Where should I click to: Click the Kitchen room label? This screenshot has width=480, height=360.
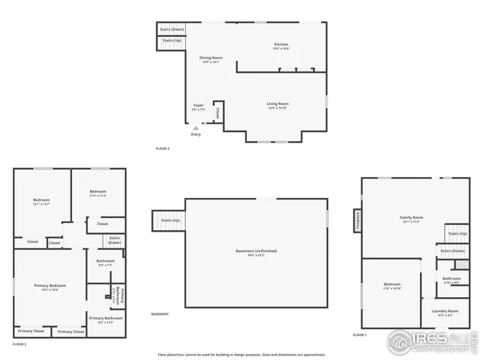pos(281,44)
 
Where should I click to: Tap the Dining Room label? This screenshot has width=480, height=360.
pos(211,58)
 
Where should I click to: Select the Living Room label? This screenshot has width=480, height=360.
pos(277,104)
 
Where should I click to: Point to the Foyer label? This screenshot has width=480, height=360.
pos(199,106)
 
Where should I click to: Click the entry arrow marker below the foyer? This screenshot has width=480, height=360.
pos(196,128)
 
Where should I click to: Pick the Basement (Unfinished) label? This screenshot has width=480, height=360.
pos(256,250)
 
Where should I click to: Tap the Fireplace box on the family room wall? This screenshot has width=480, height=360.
pos(358,220)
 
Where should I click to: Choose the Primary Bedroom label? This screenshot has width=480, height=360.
pos(49,286)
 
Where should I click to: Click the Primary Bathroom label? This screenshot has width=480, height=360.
pos(106,318)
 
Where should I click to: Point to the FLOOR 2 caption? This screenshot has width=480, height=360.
pos(162,148)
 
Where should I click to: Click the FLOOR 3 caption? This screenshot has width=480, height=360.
pos(19,343)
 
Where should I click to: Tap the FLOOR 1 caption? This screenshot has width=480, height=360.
pos(359,334)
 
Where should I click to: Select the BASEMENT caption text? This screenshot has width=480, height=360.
pos(160,313)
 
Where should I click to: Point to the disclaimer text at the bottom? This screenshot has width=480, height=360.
pos(241,354)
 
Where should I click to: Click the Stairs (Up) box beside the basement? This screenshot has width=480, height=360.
pos(166,220)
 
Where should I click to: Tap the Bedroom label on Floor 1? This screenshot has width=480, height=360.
pos(392,284)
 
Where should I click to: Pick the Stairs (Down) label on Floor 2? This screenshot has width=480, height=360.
pos(172,29)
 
